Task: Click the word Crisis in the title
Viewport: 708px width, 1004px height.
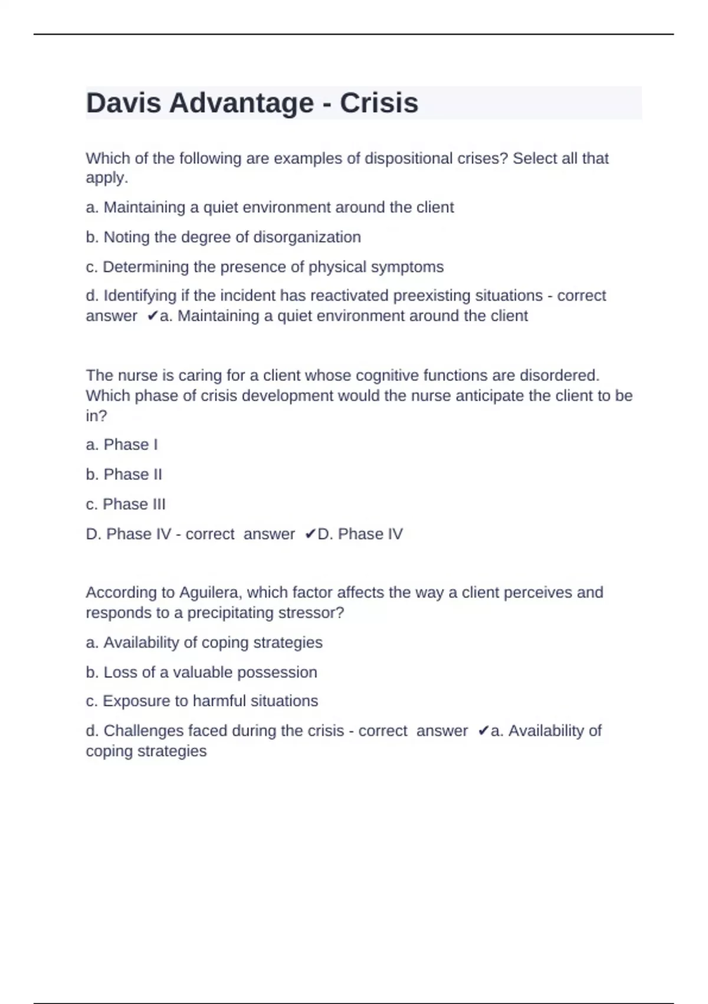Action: pyautogui.click(x=379, y=103)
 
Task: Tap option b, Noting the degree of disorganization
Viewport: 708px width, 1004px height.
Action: pyautogui.click(x=223, y=237)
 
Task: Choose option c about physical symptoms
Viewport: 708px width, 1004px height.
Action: pyautogui.click(x=264, y=267)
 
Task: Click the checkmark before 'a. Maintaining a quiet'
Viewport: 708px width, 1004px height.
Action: pyautogui.click(x=152, y=317)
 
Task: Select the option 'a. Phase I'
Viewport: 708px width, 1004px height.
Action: pyautogui.click(x=122, y=445)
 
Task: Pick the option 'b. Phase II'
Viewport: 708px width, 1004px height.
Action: pyautogui.click(x=124, y=474)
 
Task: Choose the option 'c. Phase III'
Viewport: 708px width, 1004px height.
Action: pyautogui.click(x=126, y=504)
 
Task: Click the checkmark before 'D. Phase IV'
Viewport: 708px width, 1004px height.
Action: pyautogui.click(x=310, y=534)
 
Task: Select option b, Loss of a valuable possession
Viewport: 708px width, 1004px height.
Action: pyautogui.click(x=201, y=672)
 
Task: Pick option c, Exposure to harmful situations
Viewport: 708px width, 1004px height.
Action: pyautogui.click(x=202, y=701)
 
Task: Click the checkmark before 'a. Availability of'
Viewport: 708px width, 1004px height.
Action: pyautogui.click(x=483, y=731)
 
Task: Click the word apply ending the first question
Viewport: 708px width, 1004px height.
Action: pyautogui.click(x=105, y=178)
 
